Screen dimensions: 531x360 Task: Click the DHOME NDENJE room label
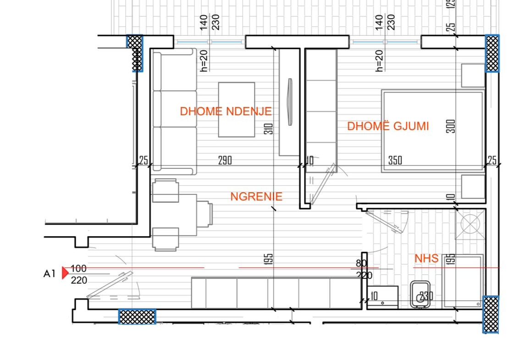(x=226, y=111)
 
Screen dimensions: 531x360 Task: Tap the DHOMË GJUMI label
(x=388, y=126)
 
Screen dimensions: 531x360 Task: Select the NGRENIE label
(x=256, y=196)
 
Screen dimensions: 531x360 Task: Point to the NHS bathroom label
(x=426, y=258)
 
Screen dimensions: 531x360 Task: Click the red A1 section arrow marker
(x=65, y=272)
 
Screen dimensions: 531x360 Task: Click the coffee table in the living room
(x=236, y=110)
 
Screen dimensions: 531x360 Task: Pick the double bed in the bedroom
(x=433, y=131)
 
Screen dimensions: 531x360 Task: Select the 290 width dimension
(x=225, y=160)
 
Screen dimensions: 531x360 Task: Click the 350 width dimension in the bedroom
(x=395, y=160)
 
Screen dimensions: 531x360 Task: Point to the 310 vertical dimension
(x=269, y=129)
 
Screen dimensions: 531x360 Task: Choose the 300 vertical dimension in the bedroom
(x=451, y=126)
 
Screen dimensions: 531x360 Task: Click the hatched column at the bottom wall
(x=137, y=316)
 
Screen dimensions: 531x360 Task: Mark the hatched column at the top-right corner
(x=492, y=53)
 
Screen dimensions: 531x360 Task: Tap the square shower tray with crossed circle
(x=470, y=224)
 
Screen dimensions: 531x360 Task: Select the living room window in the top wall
(x=209, y=42)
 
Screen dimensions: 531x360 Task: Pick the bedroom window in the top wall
(x=385, y=42)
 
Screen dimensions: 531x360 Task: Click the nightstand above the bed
(x=473, y=75)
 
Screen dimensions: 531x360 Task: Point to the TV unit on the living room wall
(x=289, y=102)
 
